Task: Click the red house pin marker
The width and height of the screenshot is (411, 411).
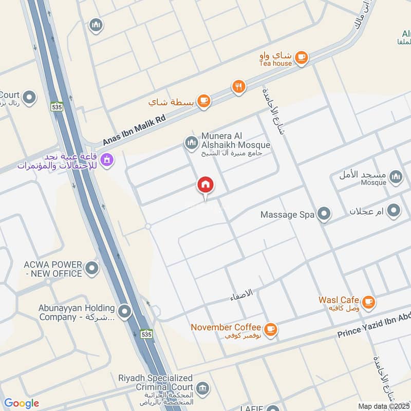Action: [206, 184]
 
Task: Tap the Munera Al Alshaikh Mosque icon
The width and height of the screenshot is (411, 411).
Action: [192, 142]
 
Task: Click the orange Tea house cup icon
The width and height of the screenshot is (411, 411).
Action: [302, 58]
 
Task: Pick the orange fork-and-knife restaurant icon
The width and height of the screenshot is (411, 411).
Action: [238, 87]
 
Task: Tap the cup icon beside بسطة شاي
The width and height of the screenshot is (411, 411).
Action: [204, 101]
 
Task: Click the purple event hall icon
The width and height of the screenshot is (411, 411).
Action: [107, 160]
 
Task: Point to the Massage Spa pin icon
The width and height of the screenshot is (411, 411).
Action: [324, 214]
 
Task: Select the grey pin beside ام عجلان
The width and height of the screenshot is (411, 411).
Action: [394, 211]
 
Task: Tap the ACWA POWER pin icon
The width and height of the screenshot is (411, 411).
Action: [92, 268]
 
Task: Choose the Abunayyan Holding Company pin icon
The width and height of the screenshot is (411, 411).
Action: [125, 311]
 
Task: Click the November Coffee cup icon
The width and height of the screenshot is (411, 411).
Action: [271, 329]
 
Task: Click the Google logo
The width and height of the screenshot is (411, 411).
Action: [22, 403]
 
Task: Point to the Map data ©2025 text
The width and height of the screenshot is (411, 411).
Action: [383, 406]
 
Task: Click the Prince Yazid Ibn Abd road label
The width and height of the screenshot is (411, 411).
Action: [374, 326]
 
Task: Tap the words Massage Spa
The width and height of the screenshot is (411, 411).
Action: [287, 215]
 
